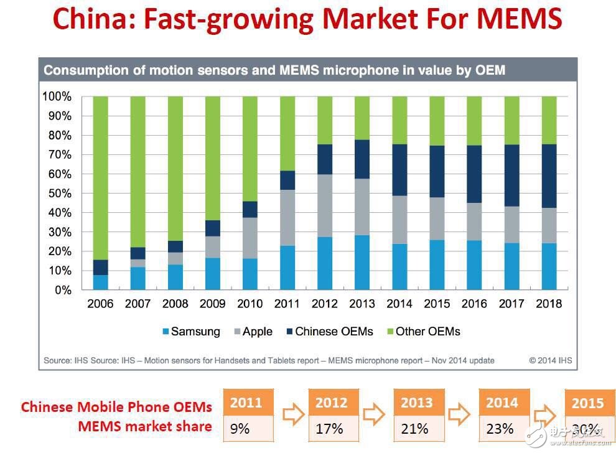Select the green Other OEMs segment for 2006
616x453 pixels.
coord(100,177)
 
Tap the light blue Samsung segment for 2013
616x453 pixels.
coord(362,262)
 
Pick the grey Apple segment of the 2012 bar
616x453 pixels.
coord(324,205)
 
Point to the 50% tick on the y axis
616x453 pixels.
coord(57,194)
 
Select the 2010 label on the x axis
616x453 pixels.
coord(250,304)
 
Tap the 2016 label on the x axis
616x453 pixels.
coord(474,304)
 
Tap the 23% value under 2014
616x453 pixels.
coord(501,429)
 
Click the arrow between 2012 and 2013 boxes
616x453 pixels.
coord(374,414)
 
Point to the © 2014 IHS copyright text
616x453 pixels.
coord(550,360)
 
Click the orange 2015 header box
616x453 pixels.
coord(587,403)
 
